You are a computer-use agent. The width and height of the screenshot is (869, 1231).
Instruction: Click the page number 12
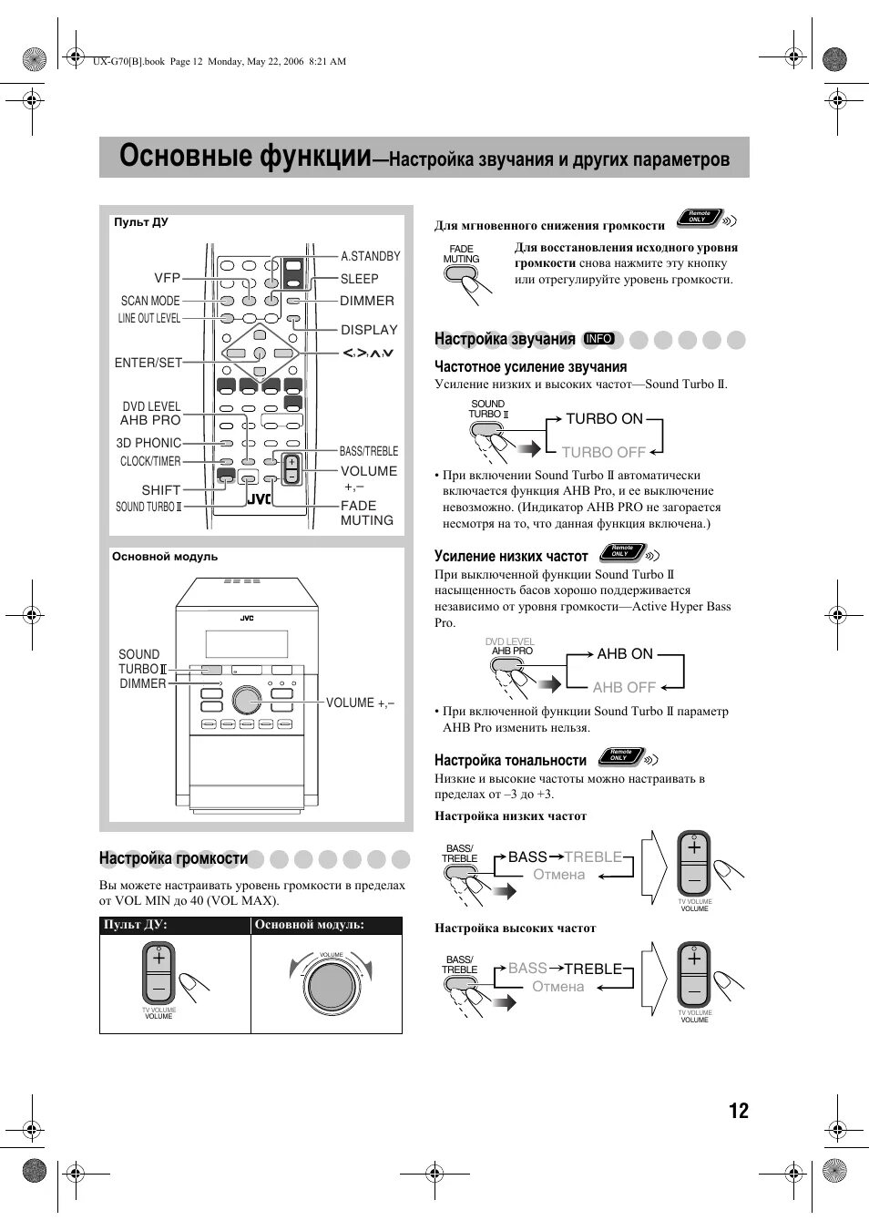(x=738, y=1111)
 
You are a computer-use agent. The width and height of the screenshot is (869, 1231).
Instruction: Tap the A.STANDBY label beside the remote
(x=370, y=257)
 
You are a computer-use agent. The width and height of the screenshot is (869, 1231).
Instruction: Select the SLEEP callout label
(x=359, y=279)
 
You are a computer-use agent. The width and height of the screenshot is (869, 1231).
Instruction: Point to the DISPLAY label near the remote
(x=369, y=330)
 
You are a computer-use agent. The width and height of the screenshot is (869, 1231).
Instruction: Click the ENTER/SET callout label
(x=148, y=363)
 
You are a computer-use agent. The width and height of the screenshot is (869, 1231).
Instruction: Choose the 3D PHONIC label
(x=148, y=443)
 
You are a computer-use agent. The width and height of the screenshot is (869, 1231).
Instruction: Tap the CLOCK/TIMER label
(x=150, y=462)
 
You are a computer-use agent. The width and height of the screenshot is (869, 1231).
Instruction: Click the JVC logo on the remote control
(x=260, y=498)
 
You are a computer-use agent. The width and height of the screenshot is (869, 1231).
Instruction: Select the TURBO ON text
(x=604, y=419)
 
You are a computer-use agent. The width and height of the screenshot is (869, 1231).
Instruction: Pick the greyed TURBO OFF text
(x=603, y=452)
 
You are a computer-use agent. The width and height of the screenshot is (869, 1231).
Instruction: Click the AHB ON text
(x=625, y=654)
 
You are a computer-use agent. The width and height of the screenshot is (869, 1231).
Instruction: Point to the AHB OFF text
(x=624, y=688)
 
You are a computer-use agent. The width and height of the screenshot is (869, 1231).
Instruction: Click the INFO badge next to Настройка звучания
(x=599, y=339)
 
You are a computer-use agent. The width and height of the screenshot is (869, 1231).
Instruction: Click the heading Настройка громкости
(x=173, y=858)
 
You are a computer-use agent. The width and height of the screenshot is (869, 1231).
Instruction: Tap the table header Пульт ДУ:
(x=136, y=925)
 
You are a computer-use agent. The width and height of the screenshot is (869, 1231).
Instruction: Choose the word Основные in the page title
(x=185, y=157)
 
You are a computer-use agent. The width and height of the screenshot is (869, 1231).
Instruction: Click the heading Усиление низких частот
(x=511, y=556)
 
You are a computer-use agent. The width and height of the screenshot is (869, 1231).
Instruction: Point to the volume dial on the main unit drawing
(x=245, y=699)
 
